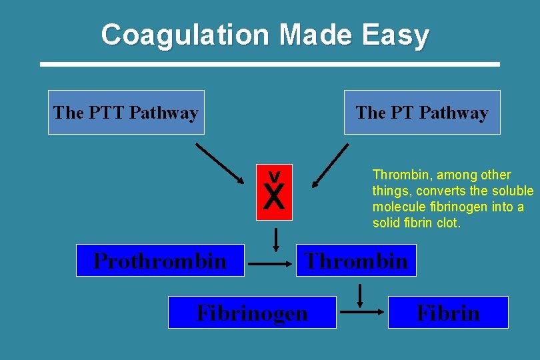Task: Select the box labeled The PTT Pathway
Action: [x=126, y=113]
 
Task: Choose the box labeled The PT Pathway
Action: [x=422, y=113]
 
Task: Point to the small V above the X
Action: [x=274, y=176]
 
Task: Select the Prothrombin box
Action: [x=160, y=261]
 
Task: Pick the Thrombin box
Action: [x=356, y=261]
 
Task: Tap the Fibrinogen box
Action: [x=252, y=313]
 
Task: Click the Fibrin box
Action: [x=448, y=313]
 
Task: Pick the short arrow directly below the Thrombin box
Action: [x=360, y=294]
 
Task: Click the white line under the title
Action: [x=270, y=64]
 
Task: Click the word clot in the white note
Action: [x=448, y=223]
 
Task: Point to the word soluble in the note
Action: [x=511, y=191]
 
